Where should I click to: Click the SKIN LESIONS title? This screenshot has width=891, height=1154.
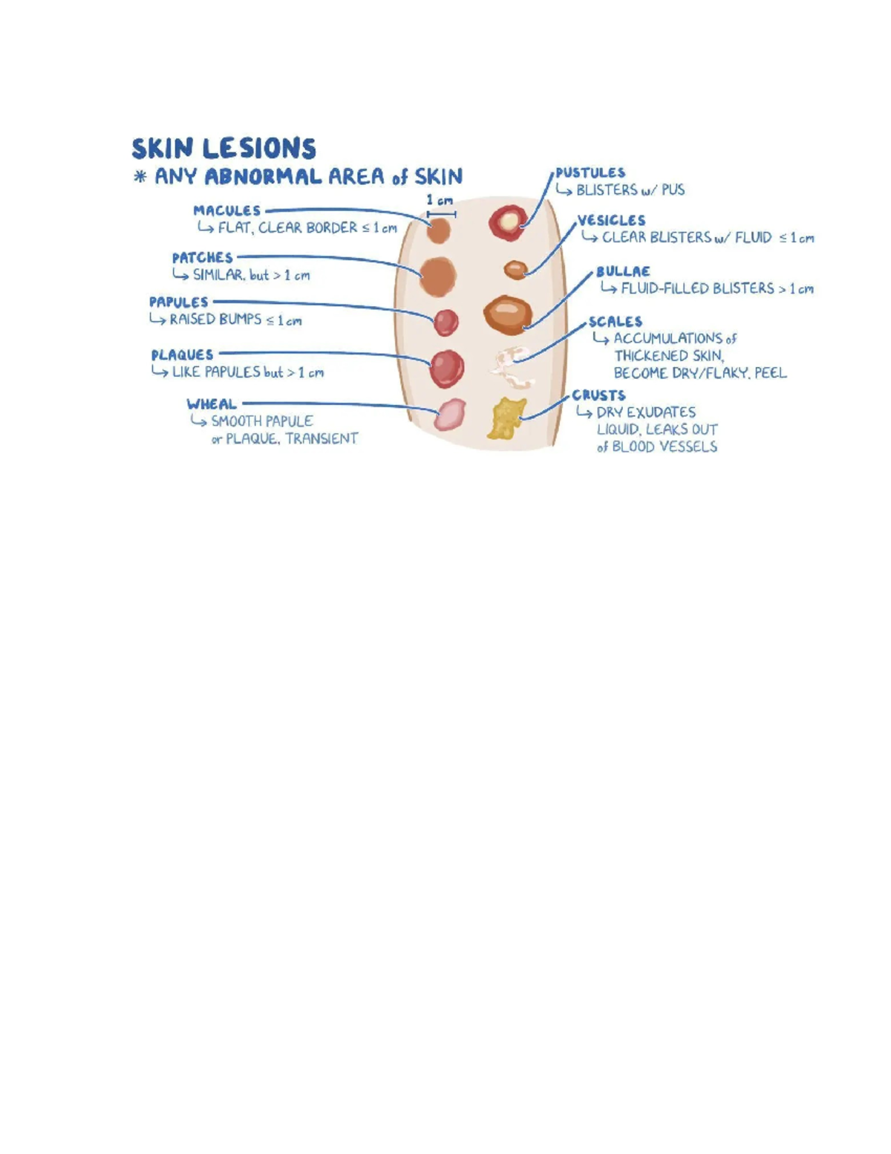(223, 148)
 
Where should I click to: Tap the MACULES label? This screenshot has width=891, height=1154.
(226, 210)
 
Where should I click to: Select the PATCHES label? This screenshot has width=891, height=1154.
(202, 258)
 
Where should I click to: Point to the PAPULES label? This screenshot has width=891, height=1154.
(179, 302)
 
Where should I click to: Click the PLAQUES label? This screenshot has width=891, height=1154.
(183, 354)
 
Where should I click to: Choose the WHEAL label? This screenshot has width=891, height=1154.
(211, 403)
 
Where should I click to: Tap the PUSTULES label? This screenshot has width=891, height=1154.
(590, 172)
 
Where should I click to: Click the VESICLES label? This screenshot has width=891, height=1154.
(611, 221)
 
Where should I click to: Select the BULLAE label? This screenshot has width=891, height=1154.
(623, 271)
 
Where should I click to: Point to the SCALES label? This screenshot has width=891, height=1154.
(615, 321)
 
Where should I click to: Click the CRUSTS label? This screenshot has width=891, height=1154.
(598, 395)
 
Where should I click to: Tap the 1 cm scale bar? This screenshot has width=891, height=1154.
(441, 214)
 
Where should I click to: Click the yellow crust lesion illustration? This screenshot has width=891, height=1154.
(506, 418)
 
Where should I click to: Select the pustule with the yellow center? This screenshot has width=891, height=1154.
(508, 222)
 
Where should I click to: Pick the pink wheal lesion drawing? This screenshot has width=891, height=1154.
(449, 414)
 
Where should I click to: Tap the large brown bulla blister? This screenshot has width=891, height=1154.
(507, 315)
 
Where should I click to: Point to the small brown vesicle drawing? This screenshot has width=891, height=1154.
(515, 270)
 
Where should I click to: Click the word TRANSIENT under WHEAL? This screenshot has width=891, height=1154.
(322, 438)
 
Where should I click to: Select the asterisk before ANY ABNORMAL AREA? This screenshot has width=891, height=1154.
(140, 176)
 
